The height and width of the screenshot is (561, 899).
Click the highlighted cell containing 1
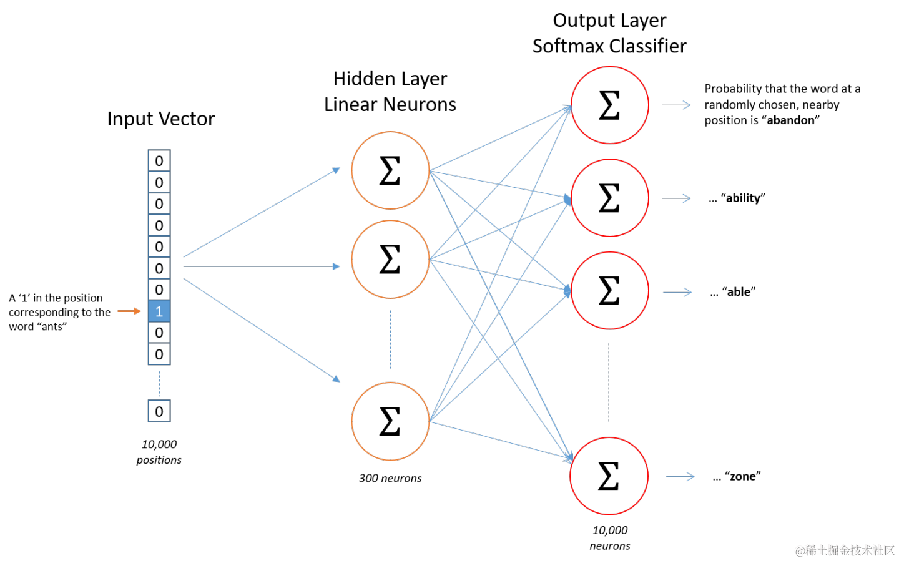[x=159, y=311]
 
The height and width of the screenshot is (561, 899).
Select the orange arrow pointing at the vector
[x=129, y=311]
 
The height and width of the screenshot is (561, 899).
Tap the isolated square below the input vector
[x=159, y=411]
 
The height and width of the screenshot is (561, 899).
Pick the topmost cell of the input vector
[x=159, y=160]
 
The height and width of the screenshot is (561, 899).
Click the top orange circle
[x=390, y=170]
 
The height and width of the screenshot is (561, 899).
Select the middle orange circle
[x=390, y=259]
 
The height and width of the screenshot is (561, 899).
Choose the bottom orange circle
[x=390, y=421]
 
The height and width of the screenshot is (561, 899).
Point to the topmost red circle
[x=609, y=105]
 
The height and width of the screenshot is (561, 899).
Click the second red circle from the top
[x=609, y=198]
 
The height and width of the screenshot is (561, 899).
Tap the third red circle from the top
[x=609, y=291]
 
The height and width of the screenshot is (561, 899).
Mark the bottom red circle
[x=609, y=476]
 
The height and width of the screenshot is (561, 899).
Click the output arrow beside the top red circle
[x=676, y=105]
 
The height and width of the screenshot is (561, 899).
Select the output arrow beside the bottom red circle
[x=680, y=477]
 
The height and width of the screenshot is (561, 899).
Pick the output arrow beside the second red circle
[x=676, y=198]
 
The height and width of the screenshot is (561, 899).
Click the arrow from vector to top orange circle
[x=262, y=212]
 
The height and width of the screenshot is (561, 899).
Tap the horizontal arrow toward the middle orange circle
[x=262, y=266]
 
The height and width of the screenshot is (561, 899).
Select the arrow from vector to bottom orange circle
[x=262, y=329]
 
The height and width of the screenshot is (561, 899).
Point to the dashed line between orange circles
[x=391, y=339]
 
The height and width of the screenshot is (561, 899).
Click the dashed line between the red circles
[x=609, y=382]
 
